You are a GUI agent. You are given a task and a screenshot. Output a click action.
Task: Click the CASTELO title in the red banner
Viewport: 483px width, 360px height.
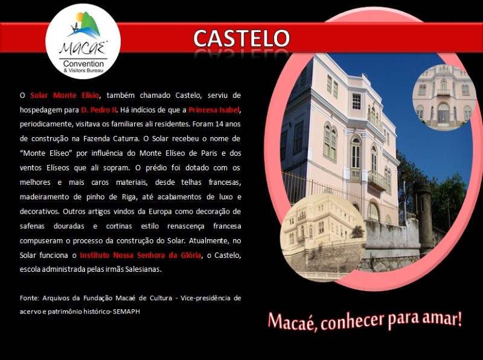click(x=241, y=38)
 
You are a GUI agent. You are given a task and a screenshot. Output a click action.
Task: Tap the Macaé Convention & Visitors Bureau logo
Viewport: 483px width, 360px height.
click(x=83, y=41)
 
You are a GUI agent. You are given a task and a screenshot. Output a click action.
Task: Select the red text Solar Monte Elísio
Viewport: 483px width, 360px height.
click(x=65, y=95)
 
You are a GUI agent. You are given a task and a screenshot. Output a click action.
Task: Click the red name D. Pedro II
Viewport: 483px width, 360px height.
click(x=98, y=110)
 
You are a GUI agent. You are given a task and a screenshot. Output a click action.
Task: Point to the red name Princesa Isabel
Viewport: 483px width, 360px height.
click(x=214, y=110)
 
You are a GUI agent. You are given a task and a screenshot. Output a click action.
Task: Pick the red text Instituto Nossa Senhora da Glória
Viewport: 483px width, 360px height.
click(x=141, y=256)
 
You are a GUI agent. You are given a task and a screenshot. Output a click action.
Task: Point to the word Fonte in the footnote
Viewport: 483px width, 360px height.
click(x=29, y=298)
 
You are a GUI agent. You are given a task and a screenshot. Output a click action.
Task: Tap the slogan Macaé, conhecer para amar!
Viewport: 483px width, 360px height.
click(x=365, y=321)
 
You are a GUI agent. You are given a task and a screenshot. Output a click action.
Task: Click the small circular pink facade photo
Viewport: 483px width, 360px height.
click(x=444, y=97)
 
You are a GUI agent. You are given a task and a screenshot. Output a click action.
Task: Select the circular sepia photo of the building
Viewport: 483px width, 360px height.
click(x=324, y=237)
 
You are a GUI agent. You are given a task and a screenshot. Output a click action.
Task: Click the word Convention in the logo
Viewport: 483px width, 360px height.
click(x=83, y=64)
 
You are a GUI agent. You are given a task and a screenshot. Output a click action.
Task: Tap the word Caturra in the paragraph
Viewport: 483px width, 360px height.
click(x=126, y=139)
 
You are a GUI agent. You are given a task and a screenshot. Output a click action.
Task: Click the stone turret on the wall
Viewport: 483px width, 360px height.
click(x=424, y=215)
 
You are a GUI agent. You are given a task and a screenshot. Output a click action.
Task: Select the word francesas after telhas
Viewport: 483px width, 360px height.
click(x=225, y=182)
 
